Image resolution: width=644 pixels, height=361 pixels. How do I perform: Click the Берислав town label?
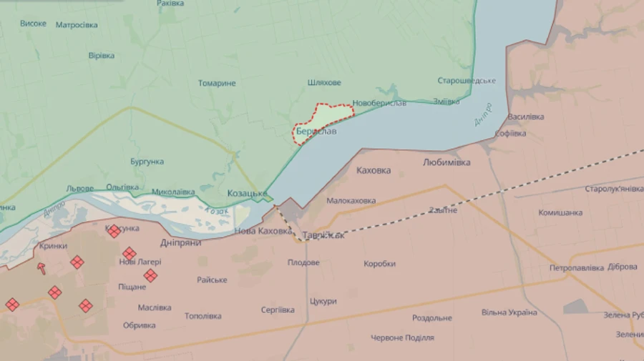coord(316,132)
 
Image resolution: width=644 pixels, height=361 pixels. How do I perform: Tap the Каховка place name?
coord(374,171)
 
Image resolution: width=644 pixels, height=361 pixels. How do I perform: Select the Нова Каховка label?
coord(263,231)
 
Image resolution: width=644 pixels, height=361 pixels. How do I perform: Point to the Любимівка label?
coord(447,162)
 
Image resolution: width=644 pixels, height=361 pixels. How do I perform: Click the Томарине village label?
coord(217,84)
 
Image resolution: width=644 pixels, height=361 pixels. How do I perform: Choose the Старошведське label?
coord(467,81)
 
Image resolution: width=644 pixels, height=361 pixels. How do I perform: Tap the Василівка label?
coord(526,117)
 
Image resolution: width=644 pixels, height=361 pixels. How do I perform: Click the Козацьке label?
coord(247,194)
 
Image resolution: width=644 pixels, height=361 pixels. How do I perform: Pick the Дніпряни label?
coord(180,242)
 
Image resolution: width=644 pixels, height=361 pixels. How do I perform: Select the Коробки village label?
coord(379,264)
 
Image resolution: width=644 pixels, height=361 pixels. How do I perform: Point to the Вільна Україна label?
coord(509,312)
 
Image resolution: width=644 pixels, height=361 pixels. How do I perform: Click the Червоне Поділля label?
coord(402,337)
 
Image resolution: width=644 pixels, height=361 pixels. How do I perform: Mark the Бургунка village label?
coord(147,162)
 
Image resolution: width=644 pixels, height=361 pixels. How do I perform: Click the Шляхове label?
coord(324,83)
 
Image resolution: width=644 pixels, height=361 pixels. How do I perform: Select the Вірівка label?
coord(101,56)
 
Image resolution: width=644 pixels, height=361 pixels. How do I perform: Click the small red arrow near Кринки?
coord(42,268)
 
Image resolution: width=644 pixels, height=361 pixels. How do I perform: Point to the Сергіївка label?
coord(278,310)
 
